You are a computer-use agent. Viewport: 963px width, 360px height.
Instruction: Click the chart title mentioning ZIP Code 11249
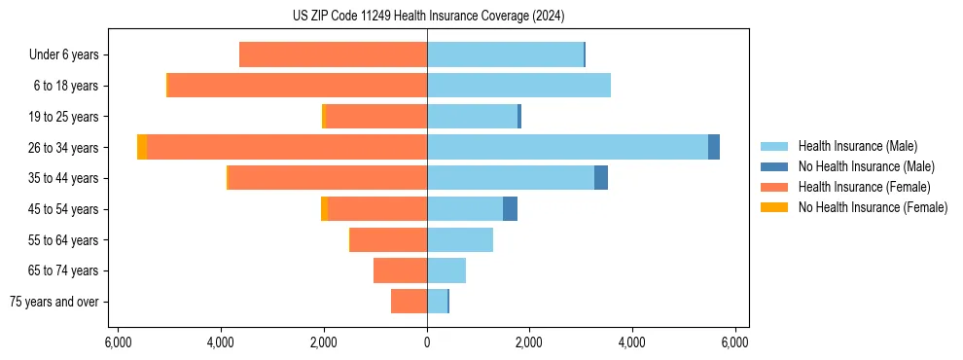[428, 16]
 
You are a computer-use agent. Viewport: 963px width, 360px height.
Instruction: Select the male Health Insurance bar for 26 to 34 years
[567, 147]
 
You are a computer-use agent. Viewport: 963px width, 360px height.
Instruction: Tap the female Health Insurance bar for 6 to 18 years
[297, 86]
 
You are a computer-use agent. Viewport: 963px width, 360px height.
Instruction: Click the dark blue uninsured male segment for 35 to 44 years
[601, 178]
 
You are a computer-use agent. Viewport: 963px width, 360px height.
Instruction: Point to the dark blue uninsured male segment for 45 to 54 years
[510, 209]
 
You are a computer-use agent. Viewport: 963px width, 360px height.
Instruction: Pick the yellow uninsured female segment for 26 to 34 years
[142, 147]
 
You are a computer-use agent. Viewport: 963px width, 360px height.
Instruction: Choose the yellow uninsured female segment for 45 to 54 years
[324, 209]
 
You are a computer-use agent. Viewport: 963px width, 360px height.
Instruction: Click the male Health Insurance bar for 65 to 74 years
[446, 270]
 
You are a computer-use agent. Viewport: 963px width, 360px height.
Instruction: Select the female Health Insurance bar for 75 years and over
[409, 302]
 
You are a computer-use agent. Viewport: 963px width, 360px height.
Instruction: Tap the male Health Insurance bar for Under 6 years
[505, 54]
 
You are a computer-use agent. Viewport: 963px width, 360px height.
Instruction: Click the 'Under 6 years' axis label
[64, 54]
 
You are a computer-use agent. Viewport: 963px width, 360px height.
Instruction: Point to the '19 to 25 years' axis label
[63, 117]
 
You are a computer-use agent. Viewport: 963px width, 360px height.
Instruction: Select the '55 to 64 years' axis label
[63, 240]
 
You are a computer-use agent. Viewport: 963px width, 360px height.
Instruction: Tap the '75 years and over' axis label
[54, 302]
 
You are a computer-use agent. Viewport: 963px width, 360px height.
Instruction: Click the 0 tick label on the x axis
[427, 342]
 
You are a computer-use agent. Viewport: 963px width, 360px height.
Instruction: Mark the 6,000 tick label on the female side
[117, 342]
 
